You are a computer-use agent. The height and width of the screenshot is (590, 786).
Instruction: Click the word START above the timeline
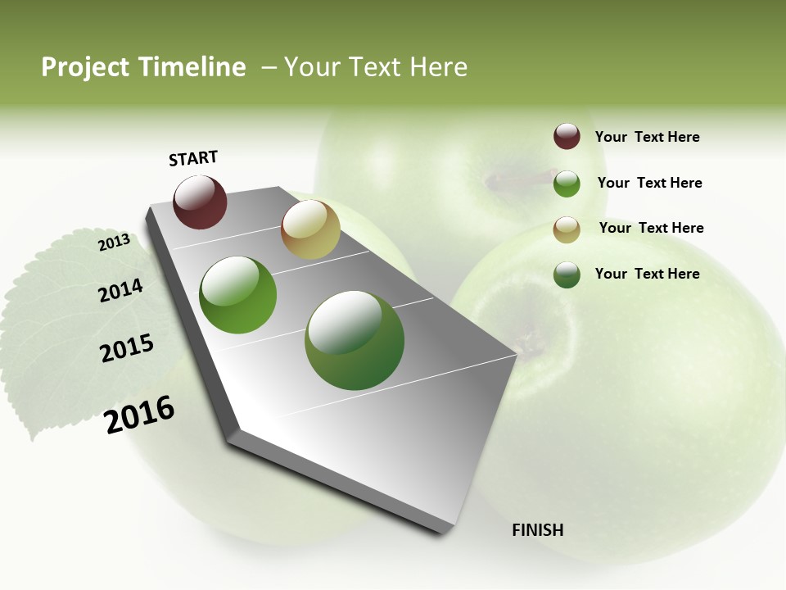point(193,158)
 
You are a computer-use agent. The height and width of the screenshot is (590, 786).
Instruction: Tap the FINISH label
point(538,530)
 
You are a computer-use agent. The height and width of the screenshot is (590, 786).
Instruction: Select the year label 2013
point(114,243)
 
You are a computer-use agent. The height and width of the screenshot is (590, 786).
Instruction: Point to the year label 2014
point(120,291)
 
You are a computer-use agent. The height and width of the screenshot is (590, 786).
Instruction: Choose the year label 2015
point(127,348)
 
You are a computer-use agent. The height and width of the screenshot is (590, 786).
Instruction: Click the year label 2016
point(139,415)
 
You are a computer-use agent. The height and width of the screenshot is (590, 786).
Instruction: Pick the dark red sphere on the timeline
point(200,202)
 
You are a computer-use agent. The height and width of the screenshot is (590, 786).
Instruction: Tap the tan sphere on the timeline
point(310,229)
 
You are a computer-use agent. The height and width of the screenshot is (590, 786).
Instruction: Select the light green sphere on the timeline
point(238,295)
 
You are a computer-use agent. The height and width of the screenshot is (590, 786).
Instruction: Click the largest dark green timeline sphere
point(355,340)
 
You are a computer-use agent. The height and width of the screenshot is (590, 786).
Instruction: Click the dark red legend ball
point(567,136)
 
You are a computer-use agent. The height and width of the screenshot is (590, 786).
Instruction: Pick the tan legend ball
point(567,229)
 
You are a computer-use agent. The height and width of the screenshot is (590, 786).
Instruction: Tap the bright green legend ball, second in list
point(567,184)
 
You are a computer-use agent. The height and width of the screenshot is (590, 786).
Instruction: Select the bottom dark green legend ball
point(567,275)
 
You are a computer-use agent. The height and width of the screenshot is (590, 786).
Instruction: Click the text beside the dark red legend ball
point(647,137)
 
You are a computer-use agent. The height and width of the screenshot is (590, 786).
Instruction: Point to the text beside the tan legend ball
point(651,228)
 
